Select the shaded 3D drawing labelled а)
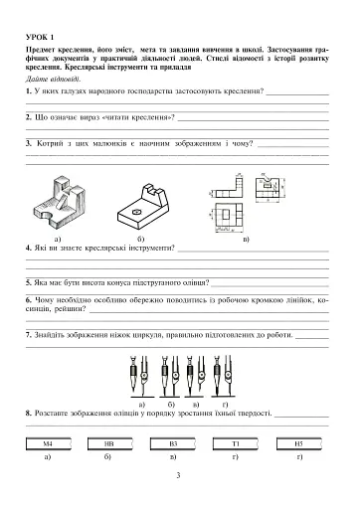66,208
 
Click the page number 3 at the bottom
179,477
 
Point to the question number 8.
30,410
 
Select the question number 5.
30,281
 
